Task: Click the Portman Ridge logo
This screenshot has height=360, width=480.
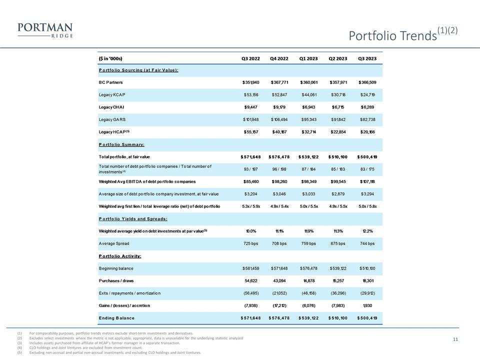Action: [x=44, y=30]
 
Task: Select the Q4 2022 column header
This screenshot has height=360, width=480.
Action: [x=279, y=59]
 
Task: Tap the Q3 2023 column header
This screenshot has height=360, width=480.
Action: [x=368, y=59]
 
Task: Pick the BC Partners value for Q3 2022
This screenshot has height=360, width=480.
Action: [x=249, y=82]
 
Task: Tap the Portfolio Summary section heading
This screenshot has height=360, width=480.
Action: [x=121, y=144]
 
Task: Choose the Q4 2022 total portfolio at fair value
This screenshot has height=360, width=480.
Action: [x=279, y=157]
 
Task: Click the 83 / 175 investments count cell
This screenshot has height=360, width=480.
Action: [x=368, y=168]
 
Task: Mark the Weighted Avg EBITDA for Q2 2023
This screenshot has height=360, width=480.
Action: [x=338, y=181]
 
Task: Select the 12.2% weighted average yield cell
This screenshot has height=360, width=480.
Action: [x=368, y=231]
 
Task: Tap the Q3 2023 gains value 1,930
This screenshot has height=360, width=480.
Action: [x=368, y=305]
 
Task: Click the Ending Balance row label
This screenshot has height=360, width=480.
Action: [x=116, y=318]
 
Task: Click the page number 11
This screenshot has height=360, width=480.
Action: [x=455, y=340]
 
